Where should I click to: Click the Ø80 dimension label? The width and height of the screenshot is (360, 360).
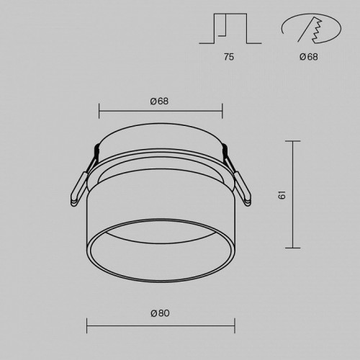[160, 313]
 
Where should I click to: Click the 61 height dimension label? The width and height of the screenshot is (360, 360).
[282, 194]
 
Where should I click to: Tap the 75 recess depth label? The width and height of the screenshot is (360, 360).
[229, 57]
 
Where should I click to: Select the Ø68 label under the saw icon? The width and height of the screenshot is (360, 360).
[309, 57]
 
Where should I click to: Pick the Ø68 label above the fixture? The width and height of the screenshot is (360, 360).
[159, 101]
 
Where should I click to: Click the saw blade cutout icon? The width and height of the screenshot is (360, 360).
[311, 28]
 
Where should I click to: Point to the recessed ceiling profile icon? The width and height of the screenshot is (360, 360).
[230, 28]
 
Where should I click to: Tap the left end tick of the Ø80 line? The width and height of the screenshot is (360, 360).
[86, 325]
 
